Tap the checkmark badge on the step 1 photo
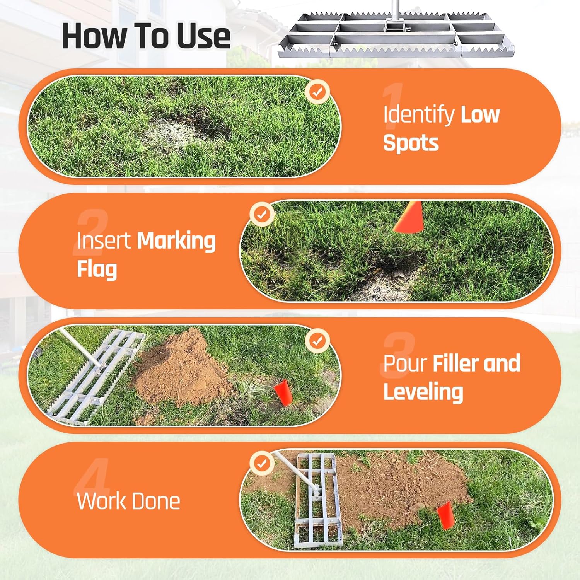pos(317,92)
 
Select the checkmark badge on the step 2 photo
pos(262,214)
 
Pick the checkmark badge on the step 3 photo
pos(317,341)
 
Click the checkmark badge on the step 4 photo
pos(262,463)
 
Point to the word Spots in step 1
pos(411,143)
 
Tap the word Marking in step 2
pos(176,241)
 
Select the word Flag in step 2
pos(97,269)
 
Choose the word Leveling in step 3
pos(423,392)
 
